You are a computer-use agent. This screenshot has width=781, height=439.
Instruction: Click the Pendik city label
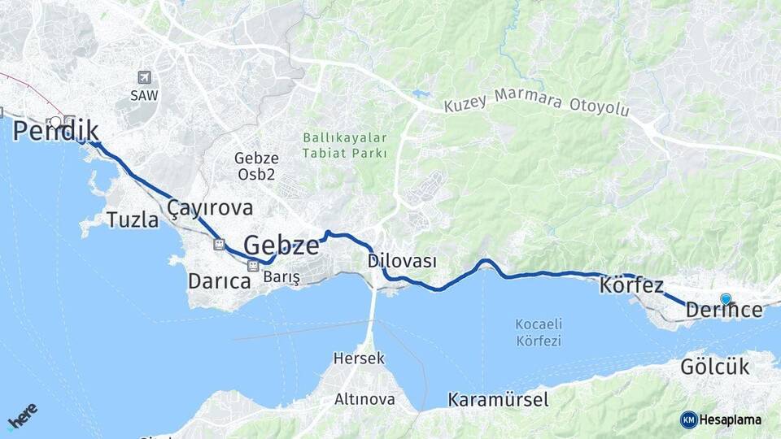coord(55,131)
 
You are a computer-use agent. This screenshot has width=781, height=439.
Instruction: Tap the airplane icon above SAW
coord(144,77)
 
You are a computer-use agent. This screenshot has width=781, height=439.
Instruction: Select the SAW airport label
coord(144,95)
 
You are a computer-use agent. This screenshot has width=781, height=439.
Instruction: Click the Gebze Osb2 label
coord(257,166)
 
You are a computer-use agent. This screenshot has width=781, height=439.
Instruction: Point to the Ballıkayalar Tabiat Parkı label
coord(345,146)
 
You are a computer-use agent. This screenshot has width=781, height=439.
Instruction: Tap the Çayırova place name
coord(210,208)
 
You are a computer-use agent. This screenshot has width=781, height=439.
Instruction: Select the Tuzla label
coord(133,219)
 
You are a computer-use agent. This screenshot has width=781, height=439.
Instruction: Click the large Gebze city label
coord(281,245)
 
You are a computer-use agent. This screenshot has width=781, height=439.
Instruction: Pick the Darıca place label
coord(219,282)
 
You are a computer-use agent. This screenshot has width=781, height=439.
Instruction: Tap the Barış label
coord(281,278)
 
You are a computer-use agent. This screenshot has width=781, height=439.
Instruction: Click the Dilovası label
coord(402,262)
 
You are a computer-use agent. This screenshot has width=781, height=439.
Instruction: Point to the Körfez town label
coord(631,286)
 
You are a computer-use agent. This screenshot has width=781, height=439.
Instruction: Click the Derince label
coord(724,310)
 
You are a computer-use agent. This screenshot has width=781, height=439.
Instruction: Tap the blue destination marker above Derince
coord(726,298)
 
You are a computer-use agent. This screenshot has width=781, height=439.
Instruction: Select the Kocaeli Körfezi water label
coord(539,333)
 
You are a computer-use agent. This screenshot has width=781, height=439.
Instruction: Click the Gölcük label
coord(714,367)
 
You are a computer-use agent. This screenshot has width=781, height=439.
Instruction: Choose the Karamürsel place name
coord(498,400)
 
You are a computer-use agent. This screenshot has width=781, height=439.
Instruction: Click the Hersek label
coord(359,358)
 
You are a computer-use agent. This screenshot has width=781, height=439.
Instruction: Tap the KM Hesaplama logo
coord(721,419)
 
